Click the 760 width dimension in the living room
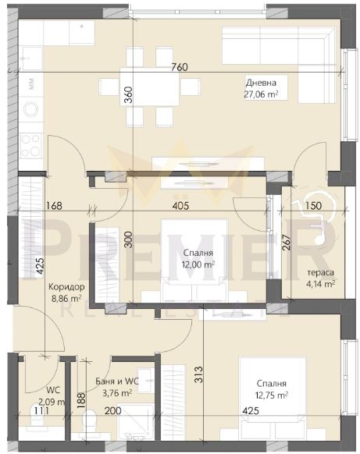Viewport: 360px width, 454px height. tap(180, 67)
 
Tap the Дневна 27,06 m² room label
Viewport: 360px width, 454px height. tap(261, 89)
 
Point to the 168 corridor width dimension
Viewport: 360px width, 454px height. tap(54, 206)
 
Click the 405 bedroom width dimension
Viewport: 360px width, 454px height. tap(180, 206)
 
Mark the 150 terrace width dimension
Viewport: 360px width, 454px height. tap(314, 206)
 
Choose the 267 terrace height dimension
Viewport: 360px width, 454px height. tap(286, 242)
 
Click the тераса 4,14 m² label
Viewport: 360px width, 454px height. tap(321, 278)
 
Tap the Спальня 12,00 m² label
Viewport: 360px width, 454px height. tap(198, 258)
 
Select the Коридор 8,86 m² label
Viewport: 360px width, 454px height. tap(66, 293)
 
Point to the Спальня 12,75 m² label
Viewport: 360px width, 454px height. tap(272, 389)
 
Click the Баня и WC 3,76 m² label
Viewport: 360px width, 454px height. tap(117, 387)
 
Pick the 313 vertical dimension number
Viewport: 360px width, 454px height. tap(199, 375)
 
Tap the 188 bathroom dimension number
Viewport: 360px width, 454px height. tap(82, 400)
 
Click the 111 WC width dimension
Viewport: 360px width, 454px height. tap(41, 410)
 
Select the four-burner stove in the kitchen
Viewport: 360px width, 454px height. tap(30, 146)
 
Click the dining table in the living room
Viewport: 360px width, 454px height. tap(149, 87)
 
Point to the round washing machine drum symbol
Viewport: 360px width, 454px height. tap(31, 109)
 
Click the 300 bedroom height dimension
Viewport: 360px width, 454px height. tap(130, 239)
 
